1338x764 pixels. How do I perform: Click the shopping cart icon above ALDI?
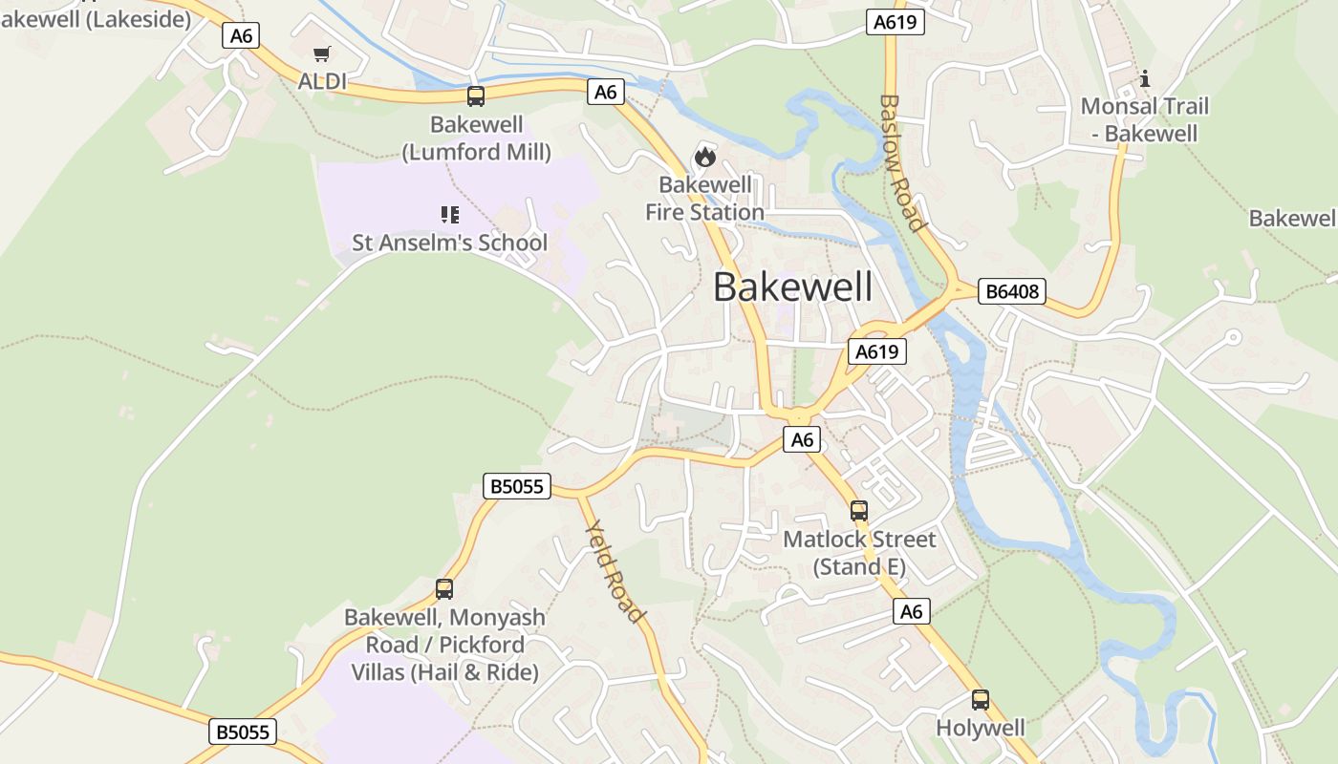pos(322,54)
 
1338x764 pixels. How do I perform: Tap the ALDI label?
pos(322,81)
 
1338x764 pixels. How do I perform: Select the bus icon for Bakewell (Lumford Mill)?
pos(476,96)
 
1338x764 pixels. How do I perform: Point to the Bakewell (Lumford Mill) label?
pos(476,138)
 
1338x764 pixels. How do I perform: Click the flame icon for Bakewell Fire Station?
pos(705,157)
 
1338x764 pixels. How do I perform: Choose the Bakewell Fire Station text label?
pos(705,199)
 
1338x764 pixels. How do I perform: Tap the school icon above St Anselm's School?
pos(449,215)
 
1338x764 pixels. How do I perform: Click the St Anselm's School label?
pos(449,243)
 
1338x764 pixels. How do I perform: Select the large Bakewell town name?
pos(792,287)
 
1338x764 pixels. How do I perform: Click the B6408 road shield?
pos(1011,291)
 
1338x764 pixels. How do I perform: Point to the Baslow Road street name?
pos(902,162)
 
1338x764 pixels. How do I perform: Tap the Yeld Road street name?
pos(614,570)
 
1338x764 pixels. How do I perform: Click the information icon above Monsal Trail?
pos(1145,78)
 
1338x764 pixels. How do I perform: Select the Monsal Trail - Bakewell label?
pos(1145,119)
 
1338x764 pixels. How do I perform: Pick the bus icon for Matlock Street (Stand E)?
pos(859,511)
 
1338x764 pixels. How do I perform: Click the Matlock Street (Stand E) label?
pos(859,553)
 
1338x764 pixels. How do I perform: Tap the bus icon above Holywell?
pos(981,700)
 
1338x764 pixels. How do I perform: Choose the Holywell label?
pos(981,728)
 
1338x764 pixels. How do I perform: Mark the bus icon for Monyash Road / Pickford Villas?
pos(444,589)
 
